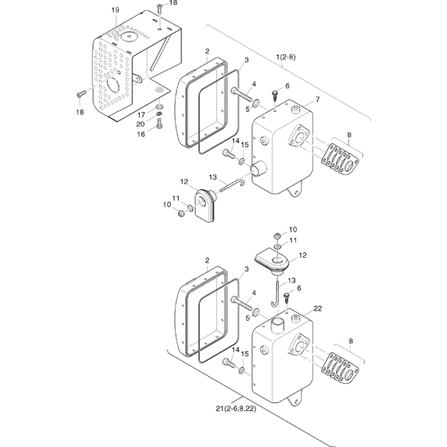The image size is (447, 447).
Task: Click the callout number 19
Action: [x=115, y=10]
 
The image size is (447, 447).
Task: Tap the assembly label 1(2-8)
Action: [x=286, y=57]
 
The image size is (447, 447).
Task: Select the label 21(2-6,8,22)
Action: [x=235, y=409]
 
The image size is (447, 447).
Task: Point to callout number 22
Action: [x=318, y=308]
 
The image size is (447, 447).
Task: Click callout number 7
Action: [x=318, y=100]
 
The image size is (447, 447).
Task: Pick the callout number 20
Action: [x=140, y=125]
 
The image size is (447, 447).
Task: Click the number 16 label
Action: [x=141, y=134]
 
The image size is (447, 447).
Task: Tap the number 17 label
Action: [x=142, y=115]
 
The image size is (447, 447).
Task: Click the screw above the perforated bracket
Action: [x=159, y=9]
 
